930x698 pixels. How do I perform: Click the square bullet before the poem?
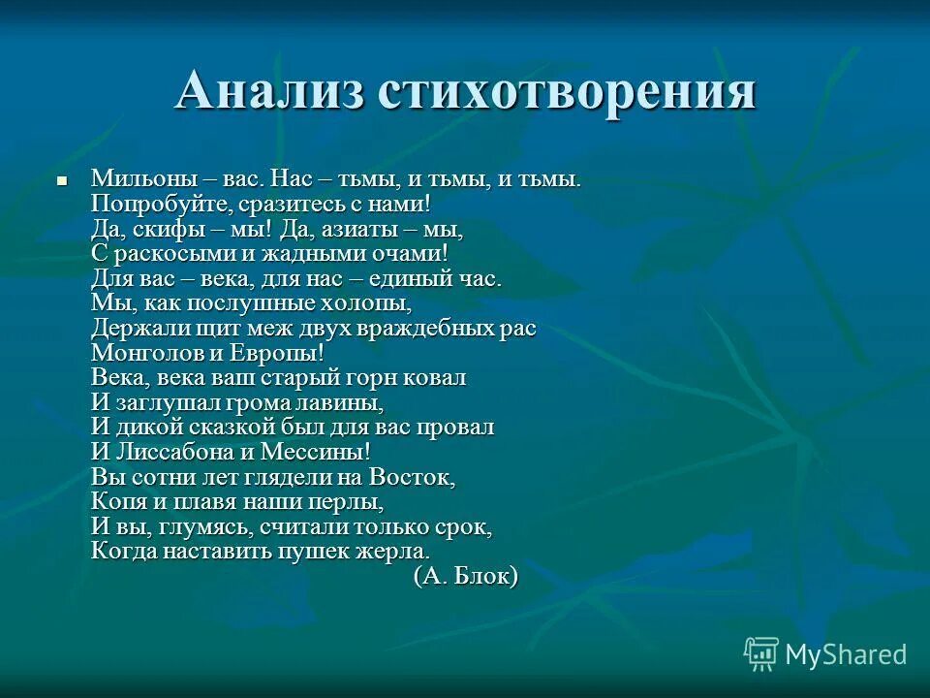point(61,180)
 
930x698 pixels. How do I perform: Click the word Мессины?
point(318,452)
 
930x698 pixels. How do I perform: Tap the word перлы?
point(347,502)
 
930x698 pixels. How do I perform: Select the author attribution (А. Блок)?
point(466,577)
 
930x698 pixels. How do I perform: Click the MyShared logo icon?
point(761,654)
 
